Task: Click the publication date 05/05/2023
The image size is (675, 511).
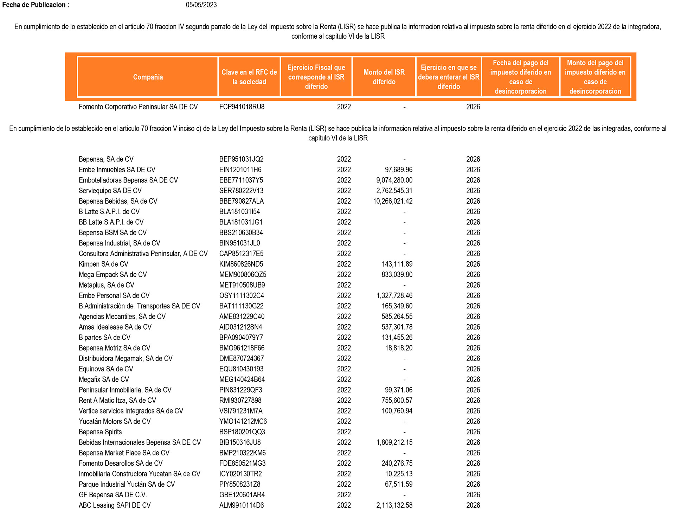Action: coord(201,5)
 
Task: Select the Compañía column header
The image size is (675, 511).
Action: coord(148,77)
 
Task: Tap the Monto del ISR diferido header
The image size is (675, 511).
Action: coord(384,77)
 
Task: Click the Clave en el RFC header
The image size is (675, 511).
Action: coord(249,77)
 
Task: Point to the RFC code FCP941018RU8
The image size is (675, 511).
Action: coord(242,107)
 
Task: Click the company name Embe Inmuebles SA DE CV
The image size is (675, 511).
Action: coord(117,170)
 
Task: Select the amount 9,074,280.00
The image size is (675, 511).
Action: coord(394,180)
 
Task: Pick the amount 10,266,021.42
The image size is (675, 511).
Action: coord(393,202)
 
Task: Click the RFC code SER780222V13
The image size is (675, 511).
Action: coord(241,191)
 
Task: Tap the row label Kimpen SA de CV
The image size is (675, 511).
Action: coord(103,264)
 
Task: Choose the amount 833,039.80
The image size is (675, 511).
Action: coord(397,275)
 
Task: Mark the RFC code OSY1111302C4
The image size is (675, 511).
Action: coord(242,296)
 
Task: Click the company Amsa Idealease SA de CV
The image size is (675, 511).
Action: coord(115,327)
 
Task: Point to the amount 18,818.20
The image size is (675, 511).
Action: coord(399,348)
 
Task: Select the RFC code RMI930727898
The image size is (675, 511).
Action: coord(240,401)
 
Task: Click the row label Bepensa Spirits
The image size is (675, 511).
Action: coord(100,432)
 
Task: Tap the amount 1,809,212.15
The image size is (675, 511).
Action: coord(394,442)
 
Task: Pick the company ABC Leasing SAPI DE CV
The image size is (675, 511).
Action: coord(115,505)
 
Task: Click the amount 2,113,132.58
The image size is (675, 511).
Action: coord(394,505)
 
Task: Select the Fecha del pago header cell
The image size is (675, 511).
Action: coord(520,77)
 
